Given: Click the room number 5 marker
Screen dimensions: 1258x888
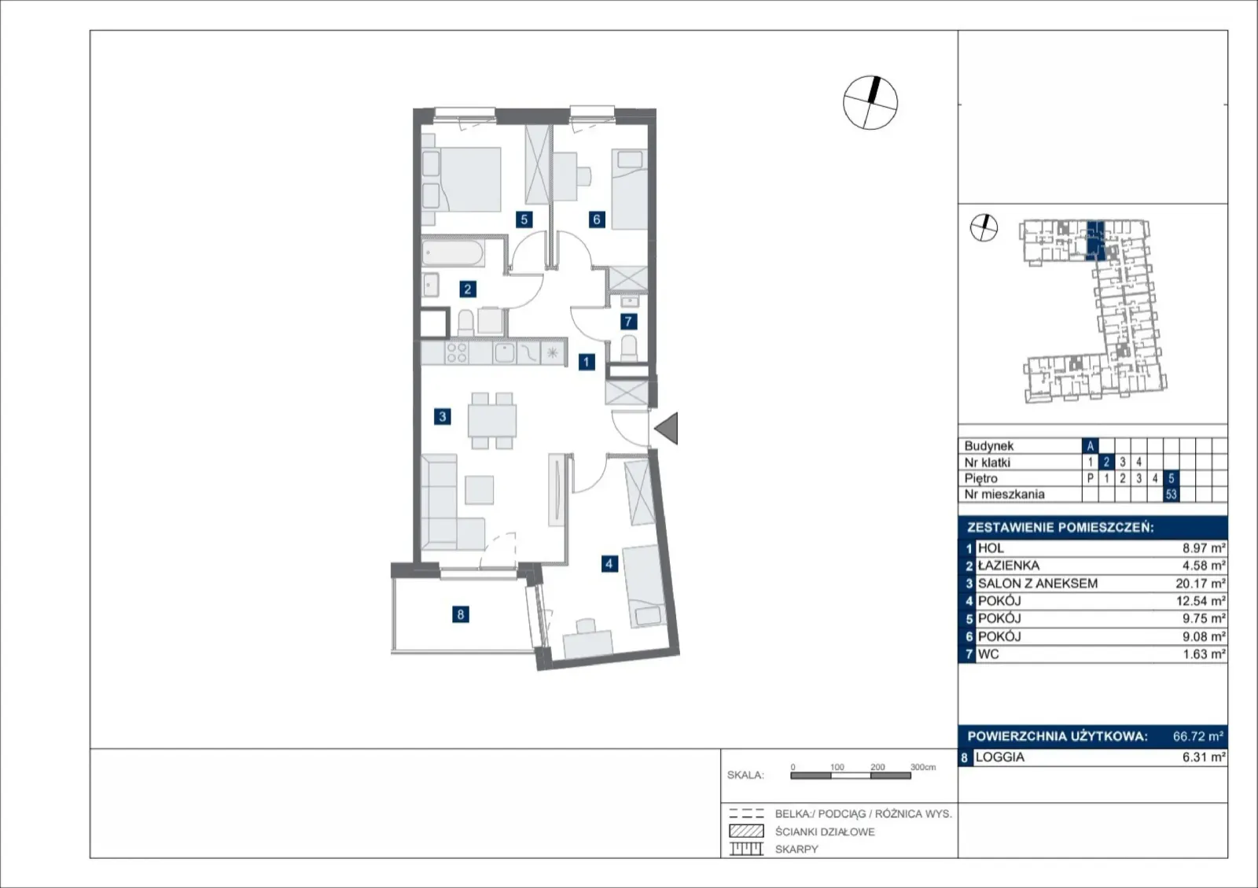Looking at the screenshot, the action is [x=524, y=219].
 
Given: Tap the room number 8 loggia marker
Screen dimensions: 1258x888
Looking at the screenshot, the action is [x=461, y=614].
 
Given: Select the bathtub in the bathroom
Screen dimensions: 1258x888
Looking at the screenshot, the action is [x=453, y=253].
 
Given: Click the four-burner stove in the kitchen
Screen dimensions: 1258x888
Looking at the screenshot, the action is [x=456, y=353].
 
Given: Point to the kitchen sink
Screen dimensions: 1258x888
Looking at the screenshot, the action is [x=504, y=353].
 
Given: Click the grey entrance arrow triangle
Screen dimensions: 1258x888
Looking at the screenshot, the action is [x=667, y=428].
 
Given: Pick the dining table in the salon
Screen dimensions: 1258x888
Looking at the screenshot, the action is [x=492, y=421].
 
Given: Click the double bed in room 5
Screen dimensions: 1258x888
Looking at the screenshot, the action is [x=462, y=180].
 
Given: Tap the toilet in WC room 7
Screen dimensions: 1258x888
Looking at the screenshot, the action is [x=629, y=348].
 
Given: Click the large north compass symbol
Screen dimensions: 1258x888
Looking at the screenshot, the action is [x=870, y=103].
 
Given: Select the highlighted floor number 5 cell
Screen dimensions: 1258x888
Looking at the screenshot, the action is [x=1171, y=478].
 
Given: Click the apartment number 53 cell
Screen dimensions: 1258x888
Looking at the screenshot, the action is [x=1171, y=494].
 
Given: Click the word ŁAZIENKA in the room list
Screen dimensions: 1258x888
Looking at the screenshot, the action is [x=1009, y=566].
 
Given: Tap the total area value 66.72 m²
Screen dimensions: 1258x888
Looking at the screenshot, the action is [x=1198, y=735].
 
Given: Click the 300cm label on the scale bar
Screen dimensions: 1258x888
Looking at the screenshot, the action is [x=923, y=767].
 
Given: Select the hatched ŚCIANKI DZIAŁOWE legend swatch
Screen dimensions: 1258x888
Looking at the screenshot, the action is [x=746, y=831].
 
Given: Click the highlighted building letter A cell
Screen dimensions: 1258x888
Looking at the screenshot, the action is [x=1090, y=446].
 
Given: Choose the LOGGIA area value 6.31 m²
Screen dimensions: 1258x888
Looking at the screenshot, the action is [x=1204, y=757].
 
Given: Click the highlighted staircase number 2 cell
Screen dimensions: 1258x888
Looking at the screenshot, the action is [x=1106, y=462].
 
